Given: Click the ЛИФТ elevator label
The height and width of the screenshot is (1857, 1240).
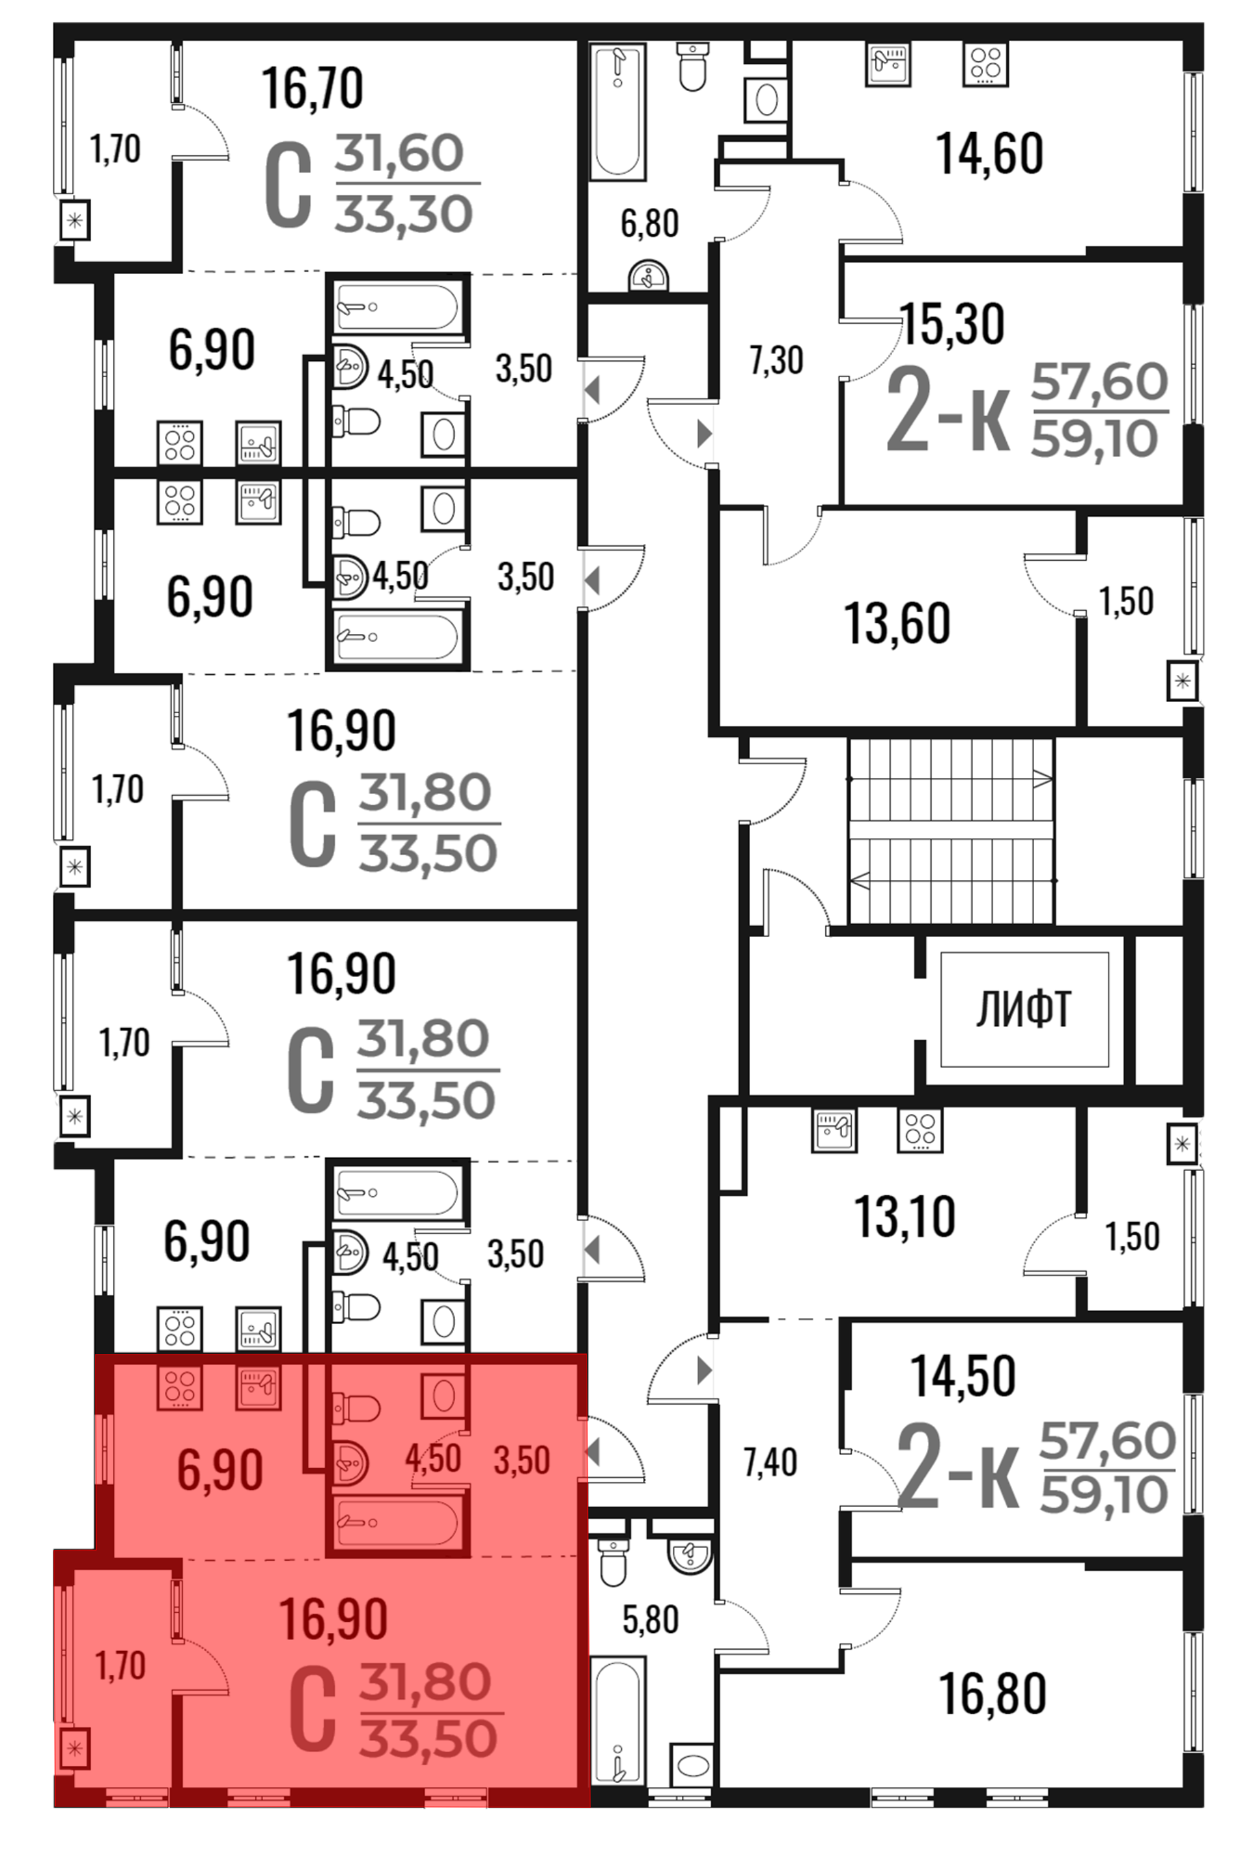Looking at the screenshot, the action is click(x=1024, y=1010).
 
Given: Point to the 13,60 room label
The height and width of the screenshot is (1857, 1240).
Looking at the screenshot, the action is click(x=897, y=623).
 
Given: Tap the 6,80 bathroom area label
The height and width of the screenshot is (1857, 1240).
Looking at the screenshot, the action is click(x=649, y=223).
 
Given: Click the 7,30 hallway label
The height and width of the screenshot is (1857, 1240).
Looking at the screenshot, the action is click(x=776, y=360).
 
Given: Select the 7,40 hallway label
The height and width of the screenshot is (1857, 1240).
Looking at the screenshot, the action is click(x=770, y=1463).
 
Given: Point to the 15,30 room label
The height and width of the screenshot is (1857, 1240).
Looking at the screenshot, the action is click(x=952, y=324).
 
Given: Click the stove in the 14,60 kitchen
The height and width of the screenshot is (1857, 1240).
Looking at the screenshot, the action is click(x=985, y=64).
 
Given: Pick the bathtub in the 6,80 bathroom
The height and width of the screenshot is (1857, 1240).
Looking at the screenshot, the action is click(x=618, y=112).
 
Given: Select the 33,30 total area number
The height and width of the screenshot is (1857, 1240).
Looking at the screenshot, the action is click(x=404, y=215).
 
